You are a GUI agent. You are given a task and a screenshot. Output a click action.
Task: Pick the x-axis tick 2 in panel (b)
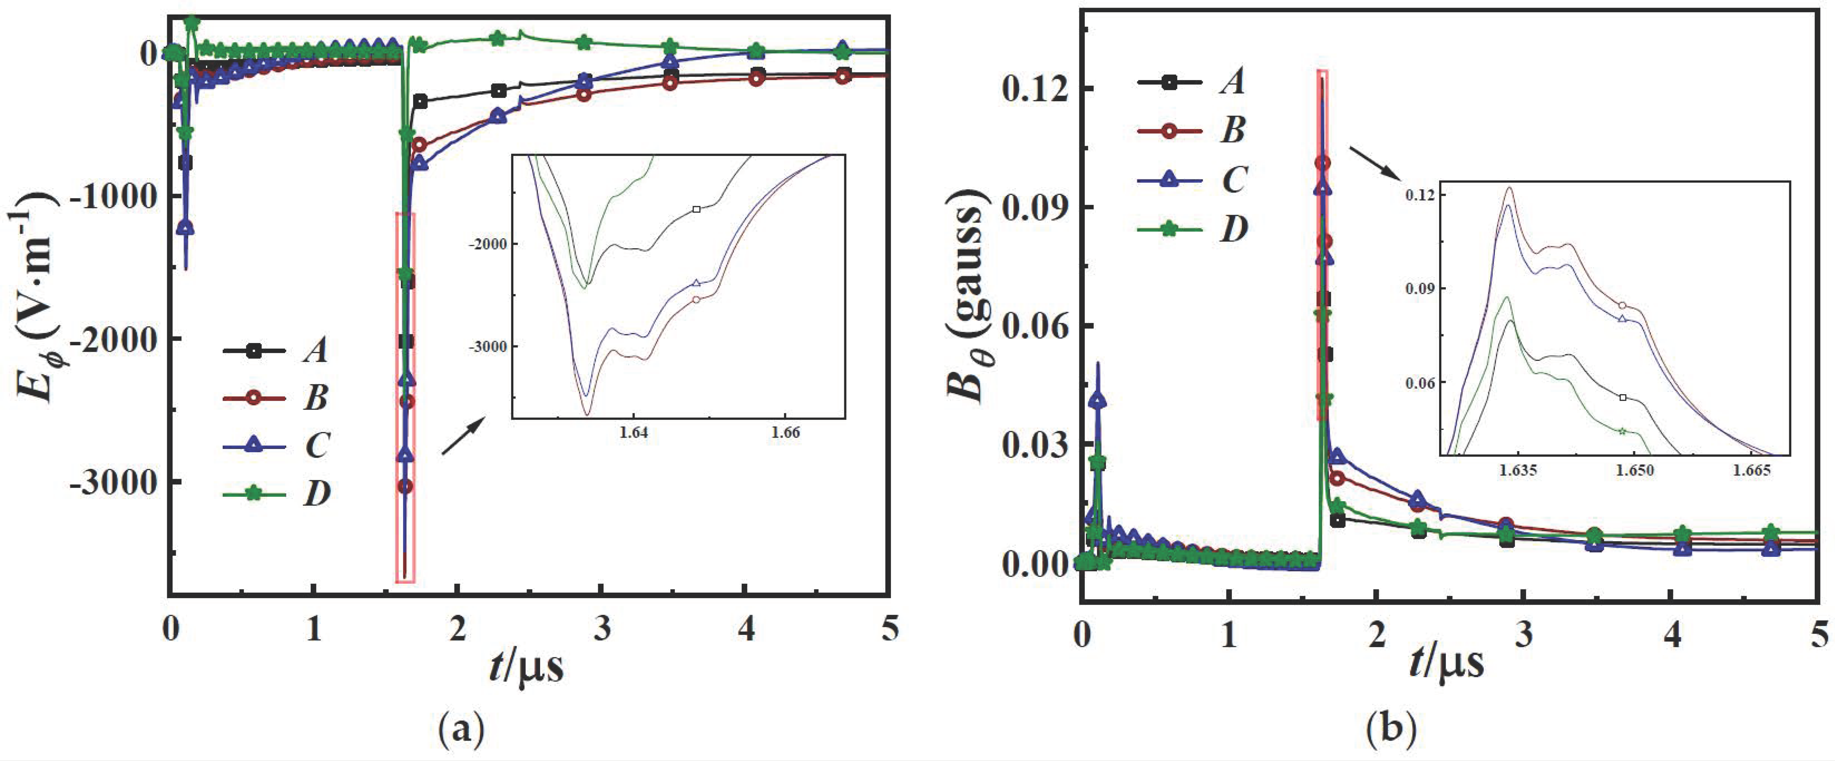[x=1377, y=634]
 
